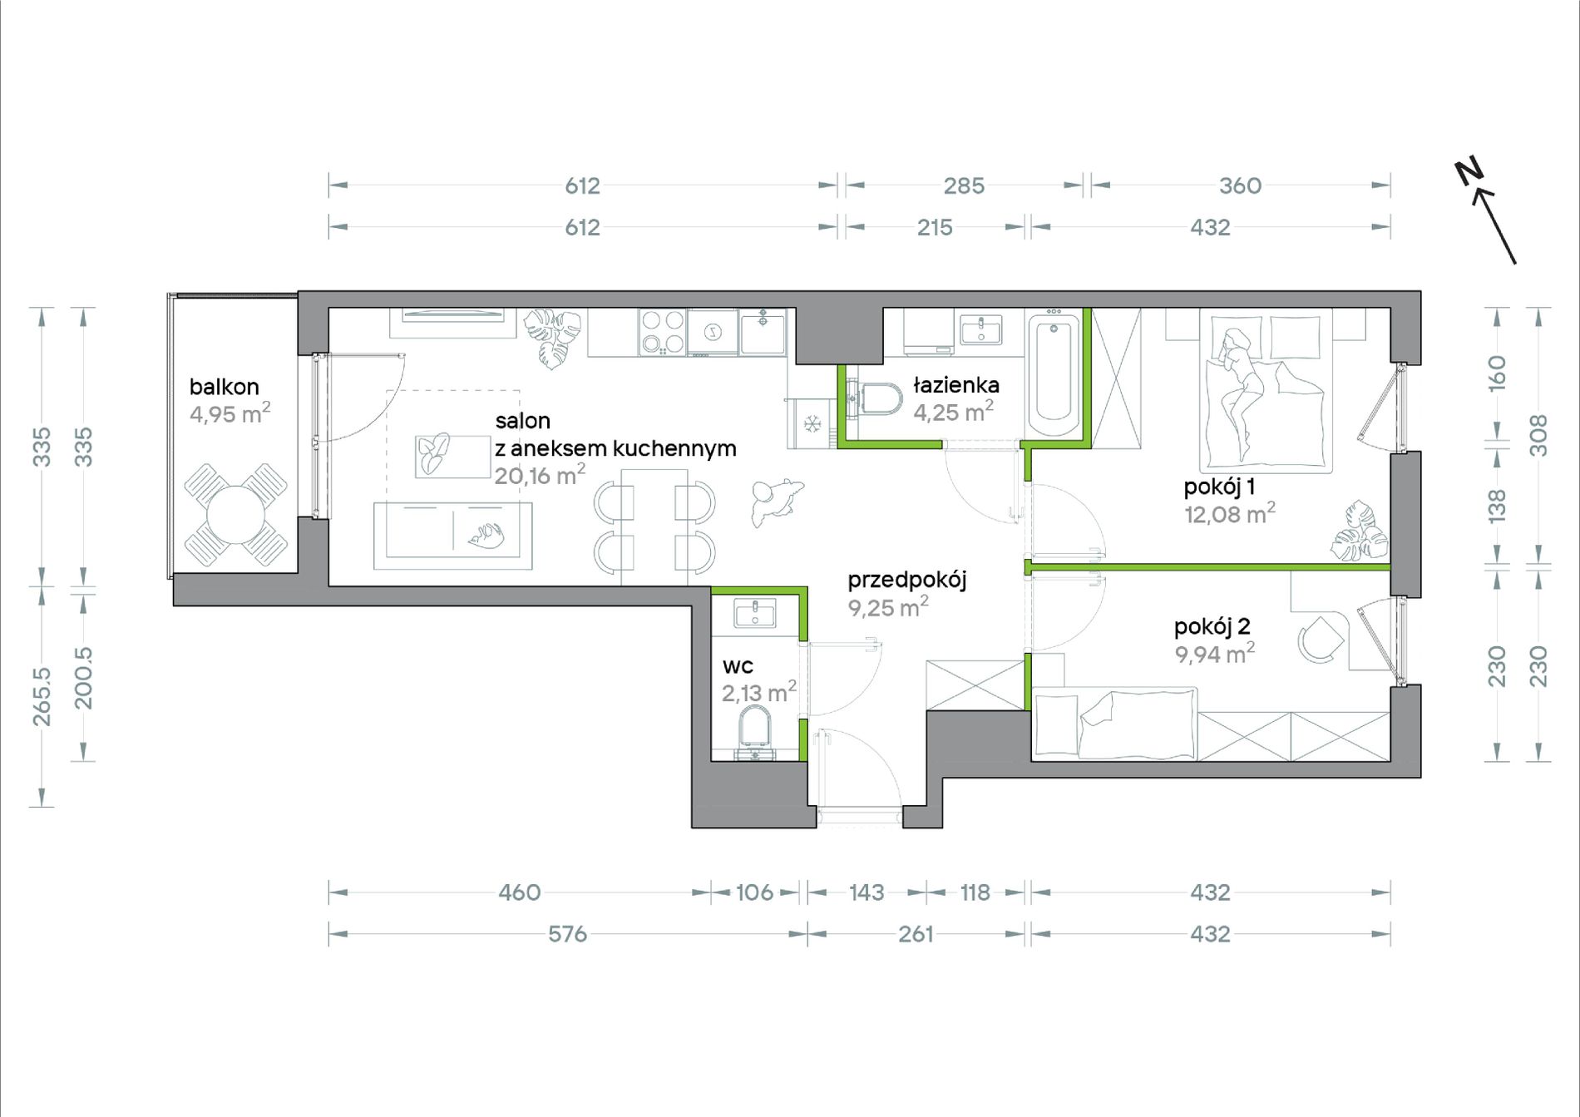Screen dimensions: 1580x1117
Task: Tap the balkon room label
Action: [x=224, y=387]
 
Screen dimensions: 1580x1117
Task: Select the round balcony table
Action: [x=235, y=516]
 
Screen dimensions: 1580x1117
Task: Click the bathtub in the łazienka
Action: [x=1054, y=376]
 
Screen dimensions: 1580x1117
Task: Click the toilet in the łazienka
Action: [x=878, y=398]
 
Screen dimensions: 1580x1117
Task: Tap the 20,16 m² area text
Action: [x=540, y=475]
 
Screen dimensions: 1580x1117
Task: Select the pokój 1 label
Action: [x=1219, y=487]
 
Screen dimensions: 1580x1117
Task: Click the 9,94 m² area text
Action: [x=1214, y=654]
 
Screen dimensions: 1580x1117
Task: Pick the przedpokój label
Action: [x=907, y=580]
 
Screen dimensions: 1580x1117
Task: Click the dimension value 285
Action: [x=964, y=185]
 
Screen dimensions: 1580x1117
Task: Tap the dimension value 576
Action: [x=567, y=934]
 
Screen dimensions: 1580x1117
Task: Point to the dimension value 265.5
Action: [x=42, y=696]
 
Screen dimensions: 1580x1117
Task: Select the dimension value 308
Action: [x=1538, y=436]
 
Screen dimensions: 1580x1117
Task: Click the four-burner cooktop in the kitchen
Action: [x=663, y=332]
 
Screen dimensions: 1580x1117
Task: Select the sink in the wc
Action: [x=755, y=613]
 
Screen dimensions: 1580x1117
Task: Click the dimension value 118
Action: [x=975, y=892]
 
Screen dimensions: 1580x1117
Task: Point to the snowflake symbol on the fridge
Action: [x=812, y=424]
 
